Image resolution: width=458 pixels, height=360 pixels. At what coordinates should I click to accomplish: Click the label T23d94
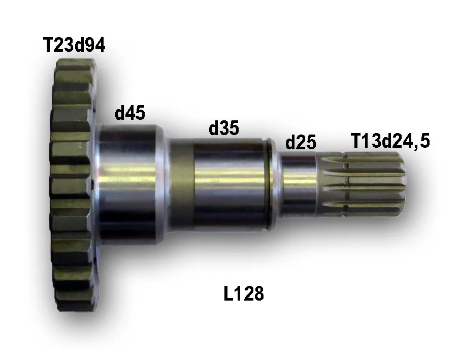click(x=74, y=45)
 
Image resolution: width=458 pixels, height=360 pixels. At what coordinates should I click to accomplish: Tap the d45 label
click(x=130, y=113)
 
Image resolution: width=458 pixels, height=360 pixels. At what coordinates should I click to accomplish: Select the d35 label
click(x=224, y=127)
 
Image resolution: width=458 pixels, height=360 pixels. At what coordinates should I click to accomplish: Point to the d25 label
click(x=301, y=142)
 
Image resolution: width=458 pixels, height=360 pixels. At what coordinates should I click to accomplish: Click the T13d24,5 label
click(x=390, y=141)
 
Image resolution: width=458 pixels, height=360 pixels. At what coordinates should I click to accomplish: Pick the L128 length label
click(x=244, y=293)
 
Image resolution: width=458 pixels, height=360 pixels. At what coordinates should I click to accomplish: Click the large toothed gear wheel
click(x=73, y=185)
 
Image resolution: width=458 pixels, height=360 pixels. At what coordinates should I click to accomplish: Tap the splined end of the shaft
click(x=362, y=185)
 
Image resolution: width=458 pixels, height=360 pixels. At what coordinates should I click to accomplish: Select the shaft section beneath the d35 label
click(x=230, y=185)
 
